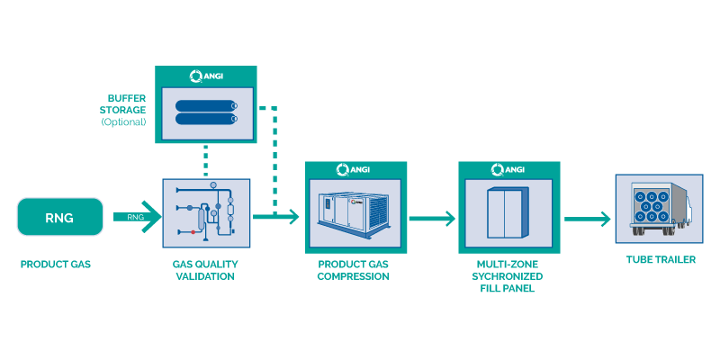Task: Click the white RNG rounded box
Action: pyautogui.click(x=59, y=218)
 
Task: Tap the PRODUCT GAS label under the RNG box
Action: pyautogui.click(x=55, y=265)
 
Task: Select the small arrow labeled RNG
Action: pyautogui.click(x=136, y=216)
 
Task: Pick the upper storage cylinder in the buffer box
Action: pyautogui.click(x=206, y=105)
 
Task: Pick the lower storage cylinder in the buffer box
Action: pyautogui.click(x=206, y=119)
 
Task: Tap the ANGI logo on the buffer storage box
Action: pyautogui.click(x=205, y=76)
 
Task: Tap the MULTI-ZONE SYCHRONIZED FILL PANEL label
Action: pyautogui.click(x=509, y=275)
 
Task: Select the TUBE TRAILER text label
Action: pyautogui.click(x=662, y=260)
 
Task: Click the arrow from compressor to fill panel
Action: pyautogui.click(x=431, y=219)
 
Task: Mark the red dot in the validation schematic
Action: pyautogui.click(x=193, y=232)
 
